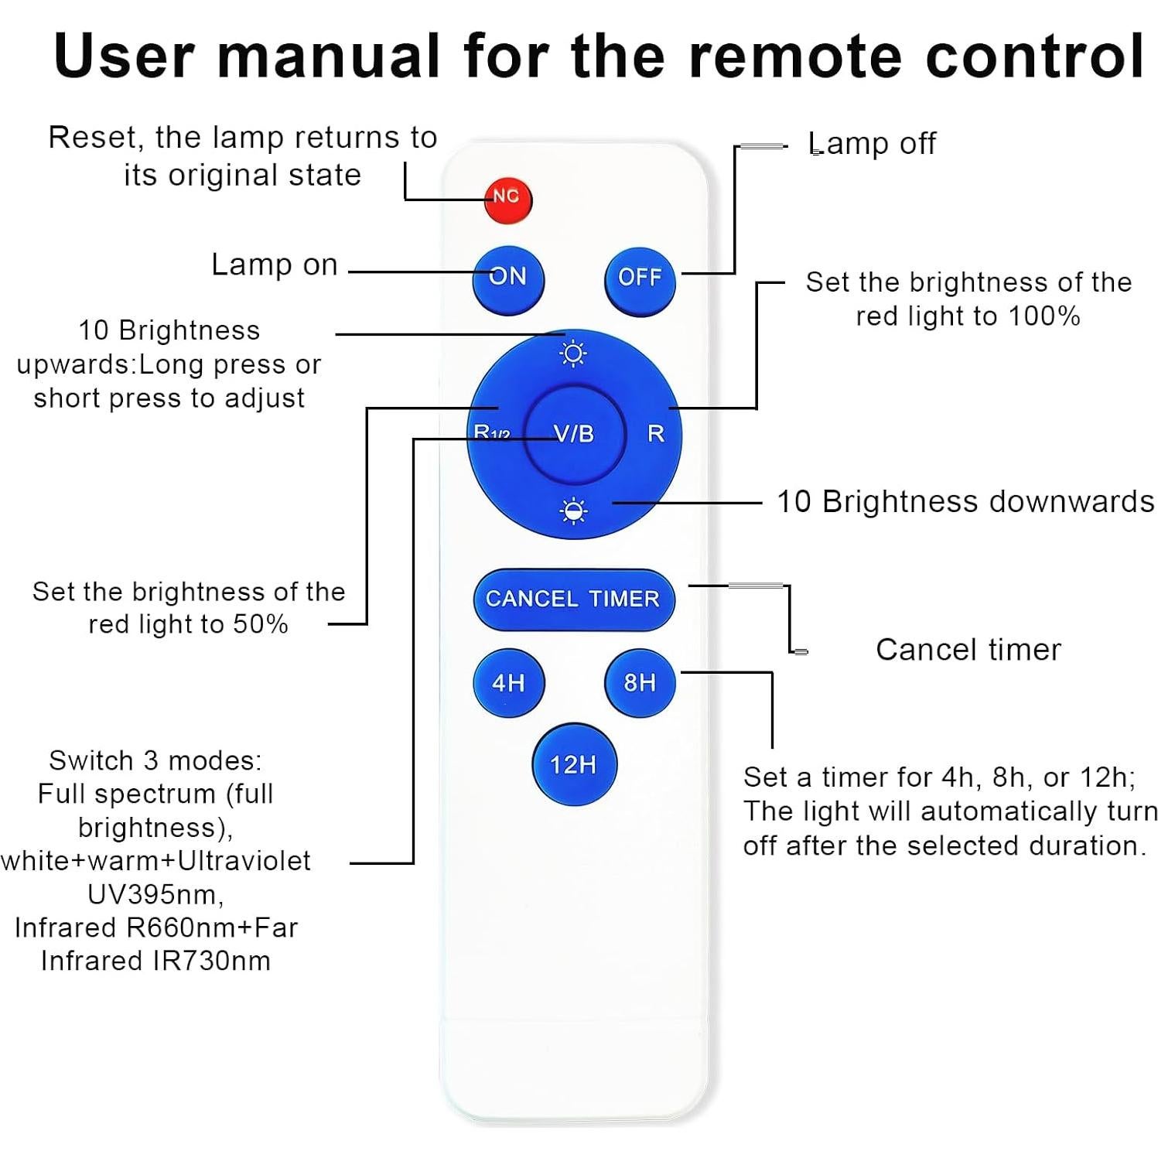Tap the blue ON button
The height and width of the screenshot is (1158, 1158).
(x=508, y=278)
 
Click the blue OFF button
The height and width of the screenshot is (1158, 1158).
(x=640, y=278)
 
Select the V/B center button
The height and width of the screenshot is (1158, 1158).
(x=574, y=434)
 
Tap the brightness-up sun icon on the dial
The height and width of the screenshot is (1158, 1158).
(x=573, y=354)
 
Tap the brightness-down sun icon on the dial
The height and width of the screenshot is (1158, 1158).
(x=573, y=511)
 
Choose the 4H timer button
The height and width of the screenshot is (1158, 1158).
(x=508, y=682)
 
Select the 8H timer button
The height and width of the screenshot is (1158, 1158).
(x=640, y=682)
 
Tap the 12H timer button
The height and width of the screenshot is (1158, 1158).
(x=573, y=764)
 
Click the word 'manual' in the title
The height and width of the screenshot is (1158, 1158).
(x=329, y=56)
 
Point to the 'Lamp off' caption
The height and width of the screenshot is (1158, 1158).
(x=872, y=144)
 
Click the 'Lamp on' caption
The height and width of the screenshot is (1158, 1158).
(x=275, y=265)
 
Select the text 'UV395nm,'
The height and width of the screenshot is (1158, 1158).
(x=155, y=894)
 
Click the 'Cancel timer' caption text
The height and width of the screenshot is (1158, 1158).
(x=968, y=650)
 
